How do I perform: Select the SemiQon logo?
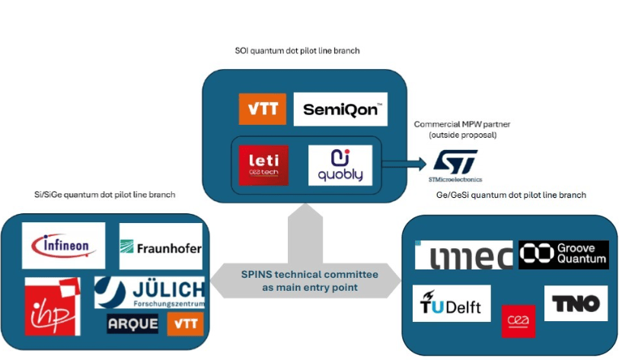[x=340, y=109]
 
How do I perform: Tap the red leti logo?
[x=263, y=164]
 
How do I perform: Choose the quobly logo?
[x=340, y=164]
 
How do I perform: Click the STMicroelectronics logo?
[x=455, y=165]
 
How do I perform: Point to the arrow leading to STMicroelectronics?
[x=403, y=163]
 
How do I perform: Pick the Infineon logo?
[x=64, y=246]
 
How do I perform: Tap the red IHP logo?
[x=53, y=306]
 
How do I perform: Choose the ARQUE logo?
[x=132, y=323]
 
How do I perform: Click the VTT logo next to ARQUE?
[x=183, y=323]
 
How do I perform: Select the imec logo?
[x=463, y=256]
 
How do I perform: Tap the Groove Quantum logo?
[x=563, y=254]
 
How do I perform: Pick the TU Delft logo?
[x=451, y=304]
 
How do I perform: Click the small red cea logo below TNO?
[x=518, y=320]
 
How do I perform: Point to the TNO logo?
[x=576, y=304]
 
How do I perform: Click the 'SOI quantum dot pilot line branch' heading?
[x=297, y=51]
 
